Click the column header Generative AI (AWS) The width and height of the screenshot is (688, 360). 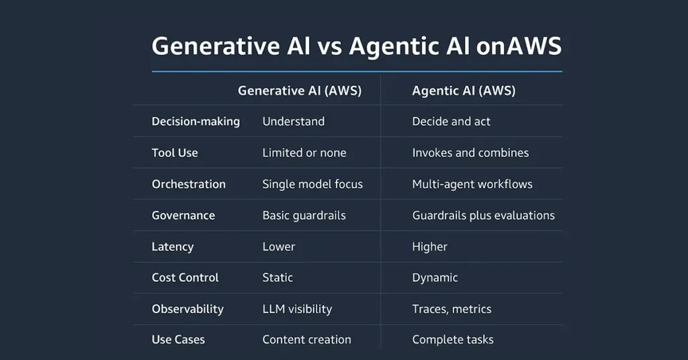(x=300, y=91)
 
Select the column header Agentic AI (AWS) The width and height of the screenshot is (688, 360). (x=464, y=91)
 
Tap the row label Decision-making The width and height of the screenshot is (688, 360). (x=196, y=122)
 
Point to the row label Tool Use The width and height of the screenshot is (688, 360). (x=175, y=152)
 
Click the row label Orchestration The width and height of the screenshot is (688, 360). (x=189, y=184)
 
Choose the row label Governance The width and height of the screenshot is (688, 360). (x=183, y=216)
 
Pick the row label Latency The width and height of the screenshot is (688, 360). (x=173, y=247)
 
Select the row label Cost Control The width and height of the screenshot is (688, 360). (x=185, y=277)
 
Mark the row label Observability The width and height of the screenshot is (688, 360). (x=188, y=309)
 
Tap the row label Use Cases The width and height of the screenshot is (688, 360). (x=178, y=339)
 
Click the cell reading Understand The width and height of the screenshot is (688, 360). (x=294, y=122)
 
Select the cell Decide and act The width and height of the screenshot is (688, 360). (x=451, y=122)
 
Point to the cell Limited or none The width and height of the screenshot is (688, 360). (x=304, y=152)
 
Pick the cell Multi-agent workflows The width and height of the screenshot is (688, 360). (x=472, y=184)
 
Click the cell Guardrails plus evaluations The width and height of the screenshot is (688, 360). (x=483, y=216)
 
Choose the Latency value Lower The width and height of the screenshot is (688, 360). (x=279, y=246)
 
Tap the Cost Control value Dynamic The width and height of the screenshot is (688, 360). (x=435, y=277)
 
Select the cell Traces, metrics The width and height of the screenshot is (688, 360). (x=451, y=309)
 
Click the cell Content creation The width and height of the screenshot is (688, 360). (x=306, y=339)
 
